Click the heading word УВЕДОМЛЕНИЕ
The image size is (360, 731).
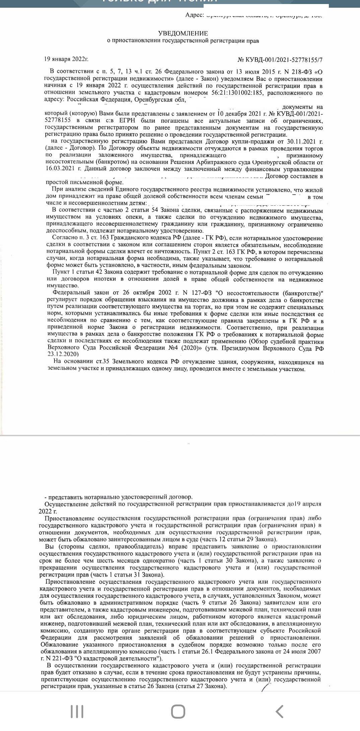click(x=183, y=34)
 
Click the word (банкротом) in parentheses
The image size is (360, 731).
click(x=114, y=162)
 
